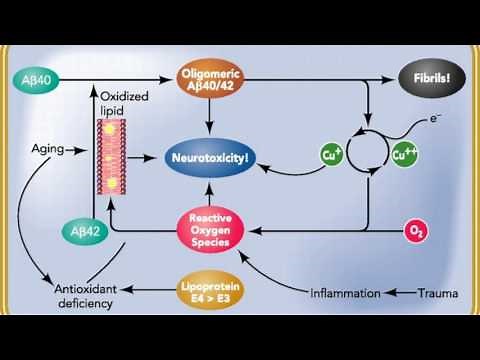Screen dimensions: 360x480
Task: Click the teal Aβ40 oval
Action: point(41,78)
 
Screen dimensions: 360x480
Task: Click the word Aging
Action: point(47,149)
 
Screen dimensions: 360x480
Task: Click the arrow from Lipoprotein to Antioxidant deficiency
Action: point(146,291)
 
